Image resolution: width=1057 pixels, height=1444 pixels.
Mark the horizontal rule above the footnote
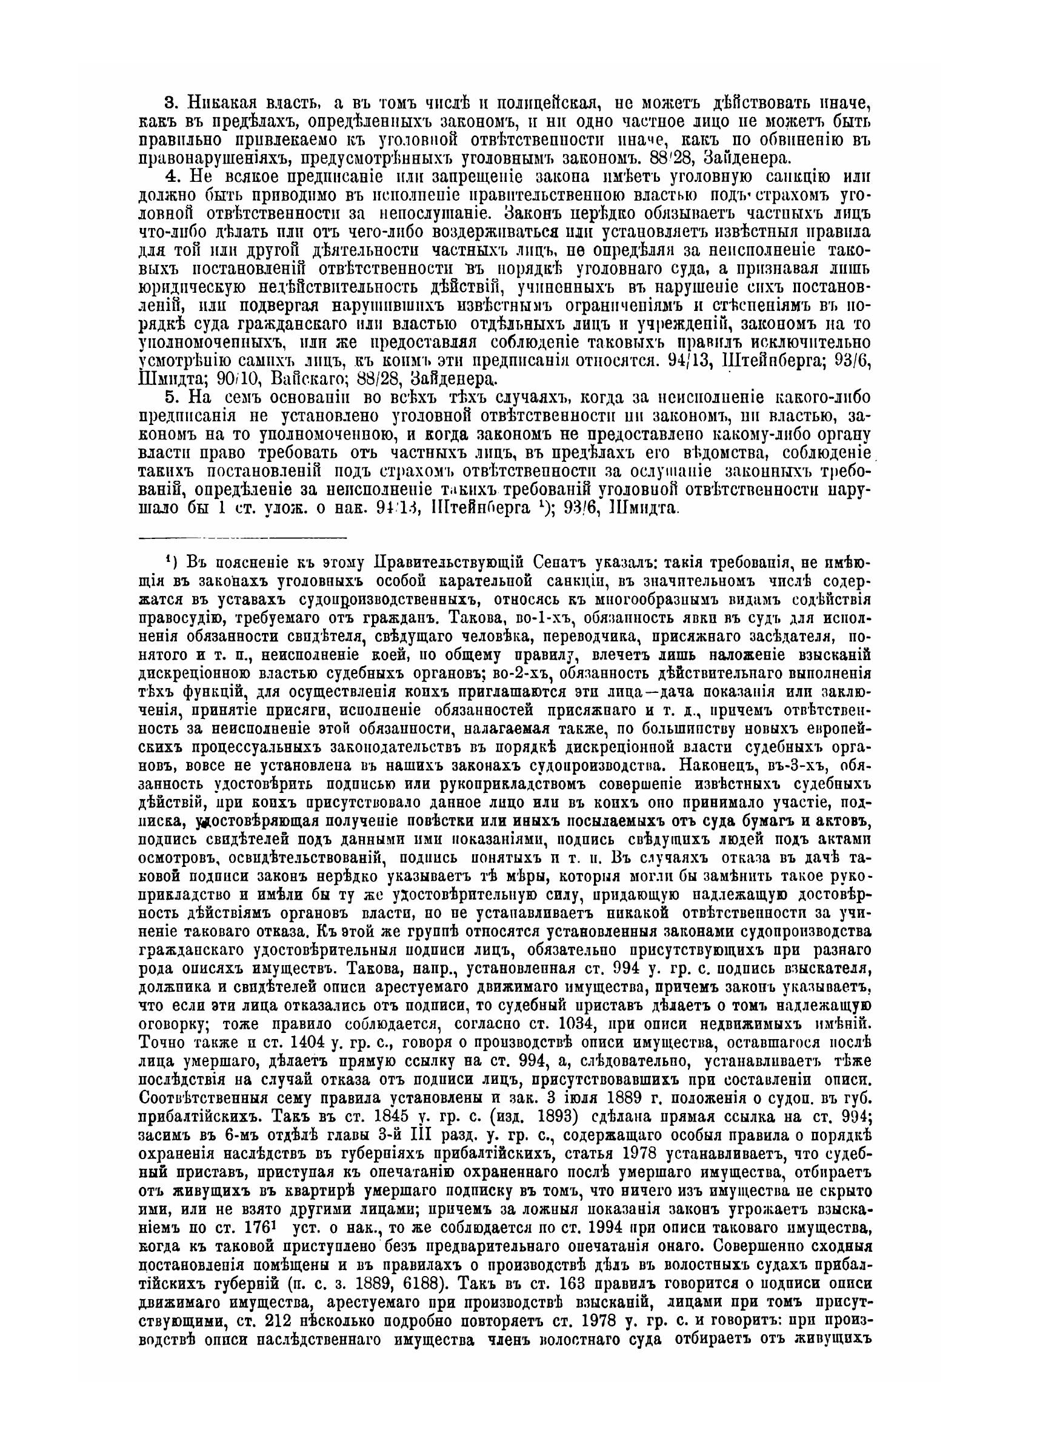click(242, 536)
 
